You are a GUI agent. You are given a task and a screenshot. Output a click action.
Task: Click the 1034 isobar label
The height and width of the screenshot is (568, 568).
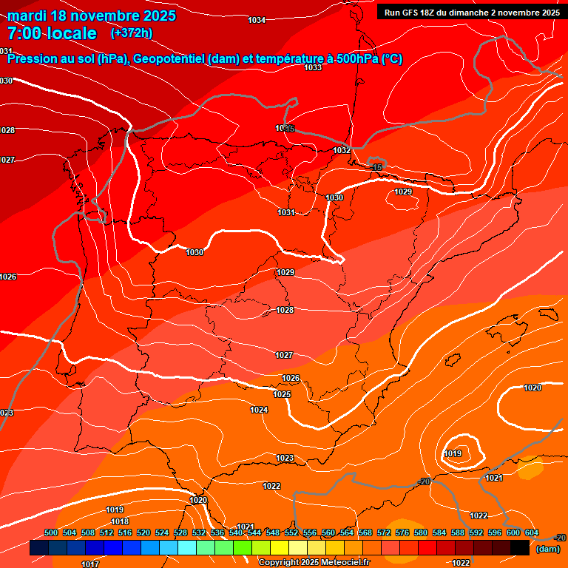(257, 20)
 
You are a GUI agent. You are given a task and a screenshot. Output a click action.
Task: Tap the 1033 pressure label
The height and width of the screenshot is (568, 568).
(313, 67)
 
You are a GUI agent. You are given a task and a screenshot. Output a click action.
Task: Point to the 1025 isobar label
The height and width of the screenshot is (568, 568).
(282, 394)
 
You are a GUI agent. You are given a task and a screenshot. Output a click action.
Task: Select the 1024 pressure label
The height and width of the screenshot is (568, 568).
(259, 410)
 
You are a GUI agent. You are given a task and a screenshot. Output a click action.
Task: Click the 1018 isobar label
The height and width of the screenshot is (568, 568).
(120, 521)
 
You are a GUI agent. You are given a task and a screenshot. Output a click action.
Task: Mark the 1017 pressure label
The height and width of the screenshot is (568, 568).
(90, 564)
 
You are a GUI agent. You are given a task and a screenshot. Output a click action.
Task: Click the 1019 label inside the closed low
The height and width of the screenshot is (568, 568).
(453, 453)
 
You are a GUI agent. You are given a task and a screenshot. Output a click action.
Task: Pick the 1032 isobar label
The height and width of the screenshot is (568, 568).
(341, 150)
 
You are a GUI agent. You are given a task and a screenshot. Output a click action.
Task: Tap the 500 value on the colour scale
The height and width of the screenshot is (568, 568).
(51, 533)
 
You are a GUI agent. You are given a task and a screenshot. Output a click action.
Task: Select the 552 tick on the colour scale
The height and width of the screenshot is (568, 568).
(291, 533)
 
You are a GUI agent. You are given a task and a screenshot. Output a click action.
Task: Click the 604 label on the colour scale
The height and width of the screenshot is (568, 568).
(532, 533)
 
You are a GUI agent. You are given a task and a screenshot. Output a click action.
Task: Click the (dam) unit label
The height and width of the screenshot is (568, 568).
(547, 549)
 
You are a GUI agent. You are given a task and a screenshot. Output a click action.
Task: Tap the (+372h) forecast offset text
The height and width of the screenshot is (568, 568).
(132, 33)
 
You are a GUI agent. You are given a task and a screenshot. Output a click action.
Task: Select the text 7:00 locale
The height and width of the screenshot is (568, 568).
(52, 33)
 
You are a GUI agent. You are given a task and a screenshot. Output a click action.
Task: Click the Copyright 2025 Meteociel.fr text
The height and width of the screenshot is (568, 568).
(314, 562)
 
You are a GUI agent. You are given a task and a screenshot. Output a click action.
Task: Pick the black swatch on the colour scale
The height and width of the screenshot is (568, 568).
(519, 548)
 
